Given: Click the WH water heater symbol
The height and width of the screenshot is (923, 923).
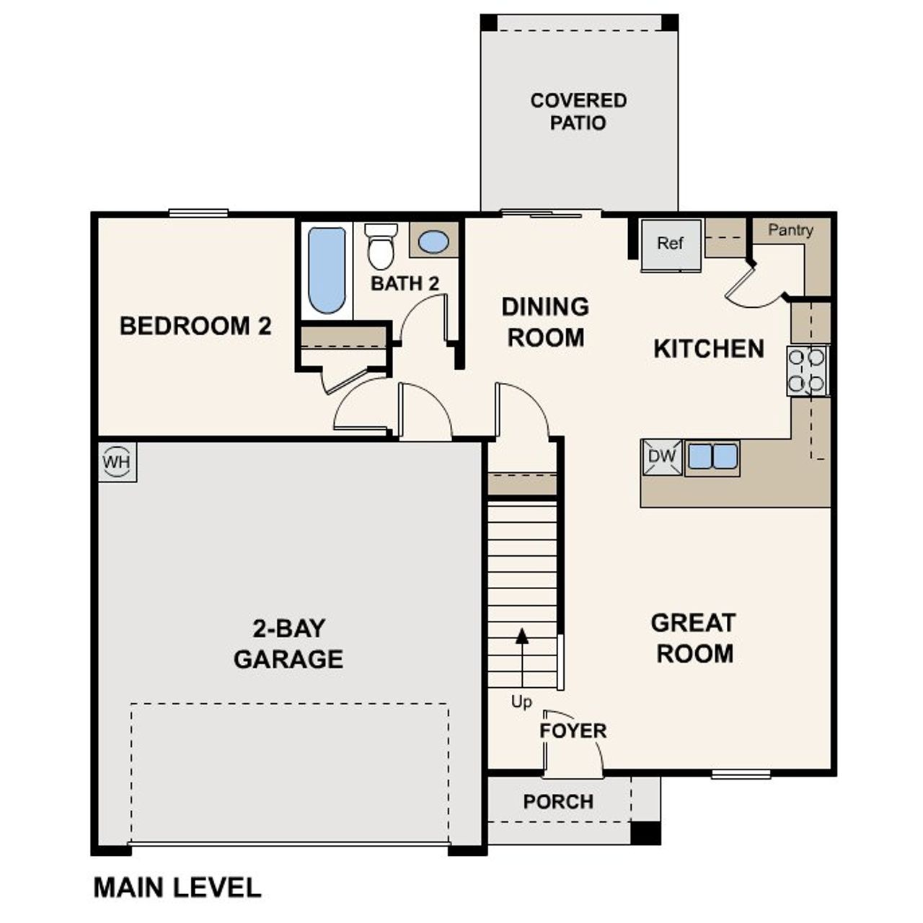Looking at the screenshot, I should coord(117,461).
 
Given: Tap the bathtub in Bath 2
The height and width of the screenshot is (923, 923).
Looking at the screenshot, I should coord(327,270).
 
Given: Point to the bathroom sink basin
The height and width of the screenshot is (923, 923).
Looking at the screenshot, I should coord(433,242).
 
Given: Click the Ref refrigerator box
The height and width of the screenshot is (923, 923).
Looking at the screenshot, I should coord(671,244).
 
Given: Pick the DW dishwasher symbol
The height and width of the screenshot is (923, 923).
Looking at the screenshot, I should coord(662,456).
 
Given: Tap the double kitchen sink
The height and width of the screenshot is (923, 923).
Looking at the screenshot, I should coord(712,456).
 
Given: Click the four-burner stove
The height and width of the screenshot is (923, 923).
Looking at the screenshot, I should coord(807,371).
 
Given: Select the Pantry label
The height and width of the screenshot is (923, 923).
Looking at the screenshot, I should coord(790,230).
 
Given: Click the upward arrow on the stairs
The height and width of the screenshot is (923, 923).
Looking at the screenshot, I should coord(522,637).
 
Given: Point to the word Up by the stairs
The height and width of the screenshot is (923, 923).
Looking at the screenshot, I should coord(521,702).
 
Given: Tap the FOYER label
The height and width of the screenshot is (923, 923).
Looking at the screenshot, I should coord(573,730).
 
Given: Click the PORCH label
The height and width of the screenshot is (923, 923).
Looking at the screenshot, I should coord(558,802).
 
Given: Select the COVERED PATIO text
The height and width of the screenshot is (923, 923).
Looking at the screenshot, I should coord(578,112).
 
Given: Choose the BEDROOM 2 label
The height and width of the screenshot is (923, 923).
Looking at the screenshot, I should coord(195,326).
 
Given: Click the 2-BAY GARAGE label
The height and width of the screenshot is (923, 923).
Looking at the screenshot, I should coord(288,643).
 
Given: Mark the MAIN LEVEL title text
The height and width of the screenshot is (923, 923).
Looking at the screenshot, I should coord(177,887).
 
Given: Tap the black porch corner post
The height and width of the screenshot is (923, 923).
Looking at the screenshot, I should coord(645,832).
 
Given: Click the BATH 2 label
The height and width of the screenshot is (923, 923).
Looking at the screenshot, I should coord(405,283).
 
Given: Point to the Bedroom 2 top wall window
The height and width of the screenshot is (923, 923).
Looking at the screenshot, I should coord(198,213).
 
